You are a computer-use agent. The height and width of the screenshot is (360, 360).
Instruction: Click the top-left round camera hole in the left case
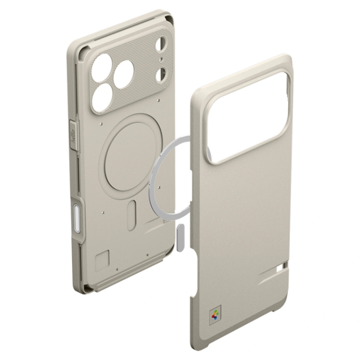[102, 66]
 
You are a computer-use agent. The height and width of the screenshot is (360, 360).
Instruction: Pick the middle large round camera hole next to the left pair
[123, 75]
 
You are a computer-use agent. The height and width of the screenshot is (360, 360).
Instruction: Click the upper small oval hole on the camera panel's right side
[161, 45]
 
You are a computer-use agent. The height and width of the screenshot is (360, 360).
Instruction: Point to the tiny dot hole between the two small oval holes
[161, 60]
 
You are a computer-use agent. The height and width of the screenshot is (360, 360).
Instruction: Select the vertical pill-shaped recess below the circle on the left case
[132, 214]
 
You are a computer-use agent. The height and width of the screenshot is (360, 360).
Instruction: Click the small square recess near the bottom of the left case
[102, 260]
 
